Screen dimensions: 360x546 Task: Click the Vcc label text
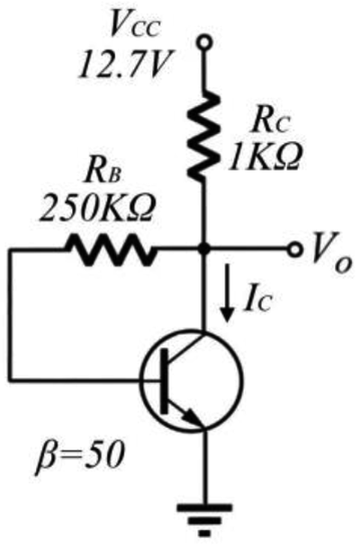(x=135, y=24)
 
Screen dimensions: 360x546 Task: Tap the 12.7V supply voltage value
(x=125, y=65)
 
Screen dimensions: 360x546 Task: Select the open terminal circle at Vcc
(x=204, y=42)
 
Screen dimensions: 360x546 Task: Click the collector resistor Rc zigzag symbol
(x=203, y=134)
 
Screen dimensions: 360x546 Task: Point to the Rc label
(x=271, y=122)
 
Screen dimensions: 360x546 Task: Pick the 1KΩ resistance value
(x=264, y=158)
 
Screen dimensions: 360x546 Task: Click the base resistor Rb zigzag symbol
(x=111, y=250)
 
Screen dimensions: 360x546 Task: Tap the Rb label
(x=103, y=172)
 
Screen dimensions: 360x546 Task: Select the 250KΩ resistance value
(x=96, y=208)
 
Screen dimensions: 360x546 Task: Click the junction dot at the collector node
(x=204, y=249)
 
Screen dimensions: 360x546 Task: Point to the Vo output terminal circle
(x=295, y=249)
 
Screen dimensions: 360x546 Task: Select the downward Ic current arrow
(x=228, y=293)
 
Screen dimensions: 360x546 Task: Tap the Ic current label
(x=257, y=300)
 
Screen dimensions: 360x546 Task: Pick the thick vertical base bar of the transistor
(x=164, y=381)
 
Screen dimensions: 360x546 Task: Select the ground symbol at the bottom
(x=204, y=520)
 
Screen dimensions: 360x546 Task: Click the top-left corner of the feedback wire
(x=11, y=250)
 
